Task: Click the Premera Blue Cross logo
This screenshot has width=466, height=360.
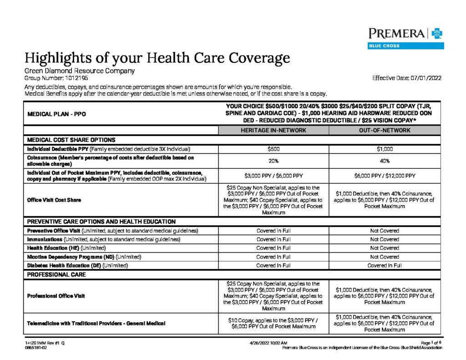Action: point(406,37)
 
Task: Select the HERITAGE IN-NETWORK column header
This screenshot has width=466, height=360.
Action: point(274,130)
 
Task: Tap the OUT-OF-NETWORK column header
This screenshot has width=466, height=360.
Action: point(385,130)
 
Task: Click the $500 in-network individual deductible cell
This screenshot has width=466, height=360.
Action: point(274,149)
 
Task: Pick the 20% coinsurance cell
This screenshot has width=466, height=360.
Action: point(274,161)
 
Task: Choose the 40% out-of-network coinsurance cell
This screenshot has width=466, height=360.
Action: point(385,161)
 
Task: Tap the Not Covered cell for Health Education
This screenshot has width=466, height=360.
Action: point(385,248)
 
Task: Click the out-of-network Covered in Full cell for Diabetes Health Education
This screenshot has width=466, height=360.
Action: point(385,265)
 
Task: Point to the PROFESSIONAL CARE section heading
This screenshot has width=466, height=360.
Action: point(56,275)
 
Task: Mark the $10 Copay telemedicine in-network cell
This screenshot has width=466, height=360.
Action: point(274,323)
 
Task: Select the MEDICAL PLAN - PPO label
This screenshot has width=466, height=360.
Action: point(54,114)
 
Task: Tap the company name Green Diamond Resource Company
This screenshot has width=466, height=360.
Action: point(79,71)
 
